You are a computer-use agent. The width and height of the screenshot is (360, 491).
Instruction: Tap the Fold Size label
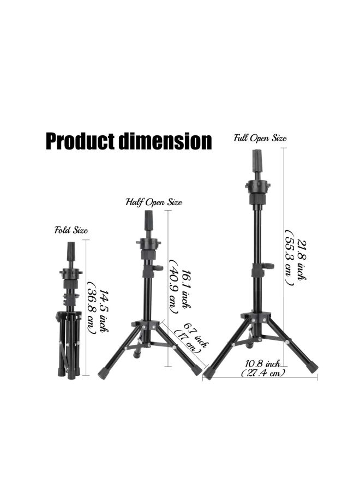[71, 230]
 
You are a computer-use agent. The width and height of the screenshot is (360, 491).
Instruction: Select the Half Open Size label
[154, 202]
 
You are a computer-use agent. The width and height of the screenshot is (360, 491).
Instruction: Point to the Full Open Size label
[260, 138]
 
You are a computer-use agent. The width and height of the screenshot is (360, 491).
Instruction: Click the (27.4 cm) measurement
[263, 373]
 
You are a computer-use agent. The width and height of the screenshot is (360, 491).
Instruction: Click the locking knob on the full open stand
[268, 266]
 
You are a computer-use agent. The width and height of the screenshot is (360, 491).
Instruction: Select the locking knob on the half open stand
[158, 268]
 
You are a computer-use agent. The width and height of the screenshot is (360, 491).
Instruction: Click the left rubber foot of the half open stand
[103, 372]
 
